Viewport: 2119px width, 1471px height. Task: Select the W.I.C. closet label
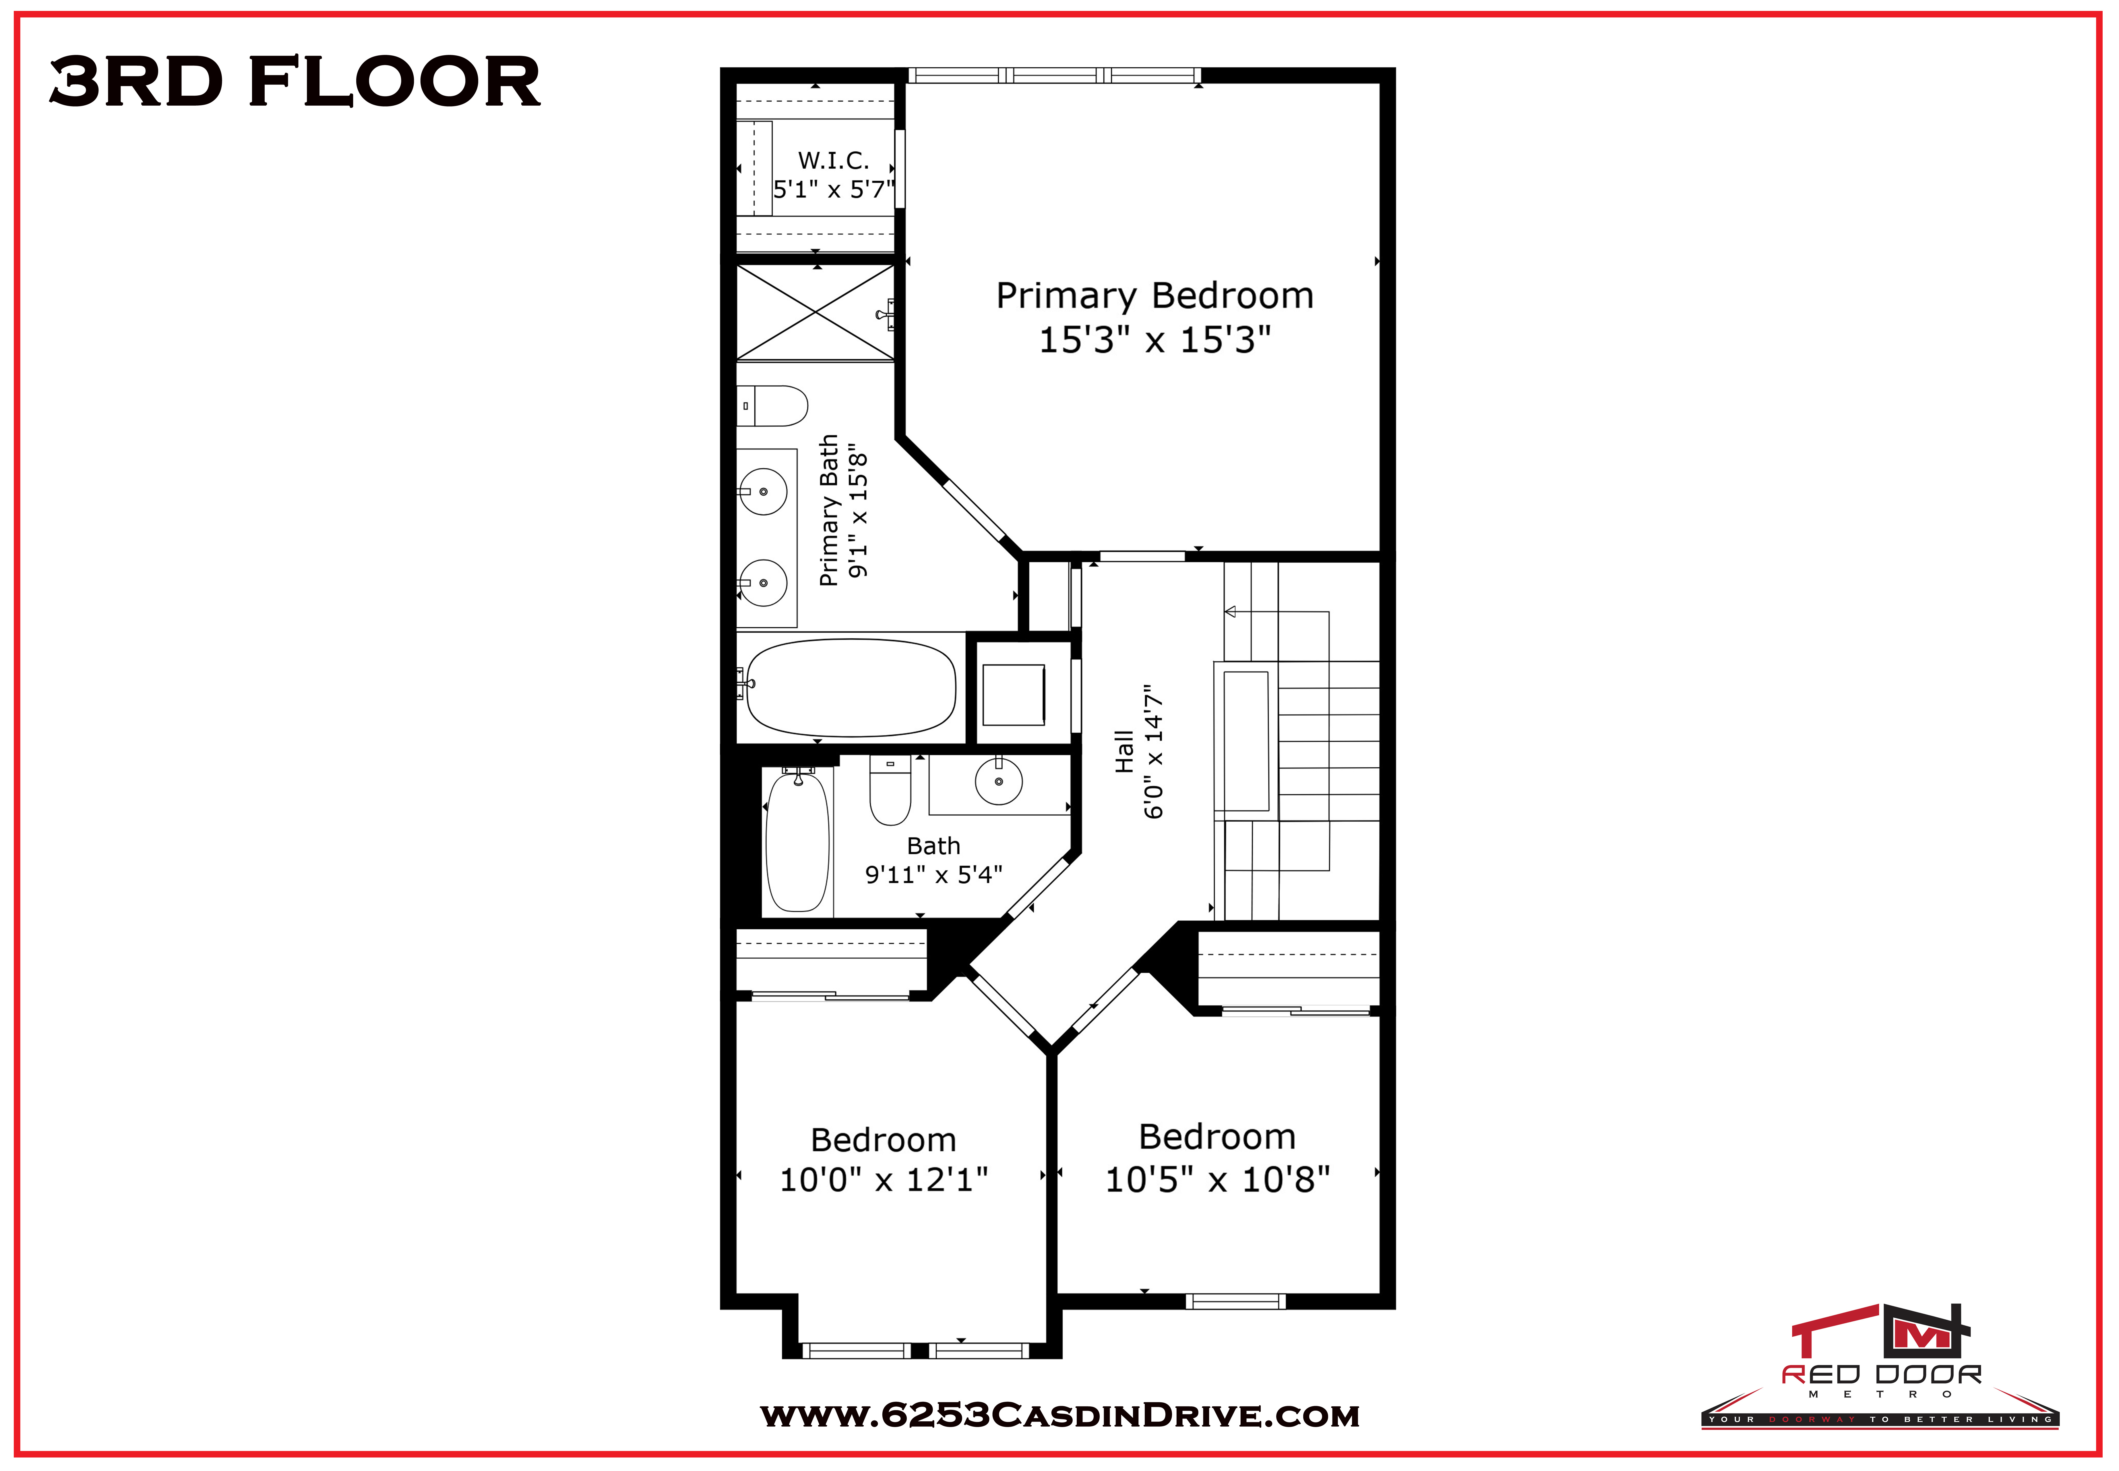click(833, 160)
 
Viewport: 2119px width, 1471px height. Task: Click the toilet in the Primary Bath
click(772, 406)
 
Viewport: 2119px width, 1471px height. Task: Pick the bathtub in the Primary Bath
click(849, 688)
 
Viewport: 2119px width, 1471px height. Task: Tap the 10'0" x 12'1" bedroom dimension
click(884, 1180)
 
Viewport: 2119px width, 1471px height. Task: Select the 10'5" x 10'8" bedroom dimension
click(1217, 1179)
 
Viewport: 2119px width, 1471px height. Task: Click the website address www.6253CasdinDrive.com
click(1059, 1415)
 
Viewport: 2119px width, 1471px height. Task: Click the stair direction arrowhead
click(1230, 611)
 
